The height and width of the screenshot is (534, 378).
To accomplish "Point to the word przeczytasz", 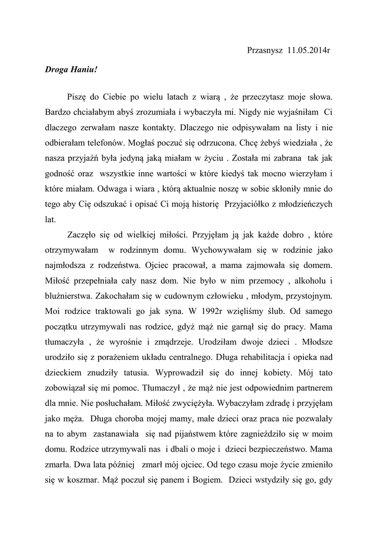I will point(255,97).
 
